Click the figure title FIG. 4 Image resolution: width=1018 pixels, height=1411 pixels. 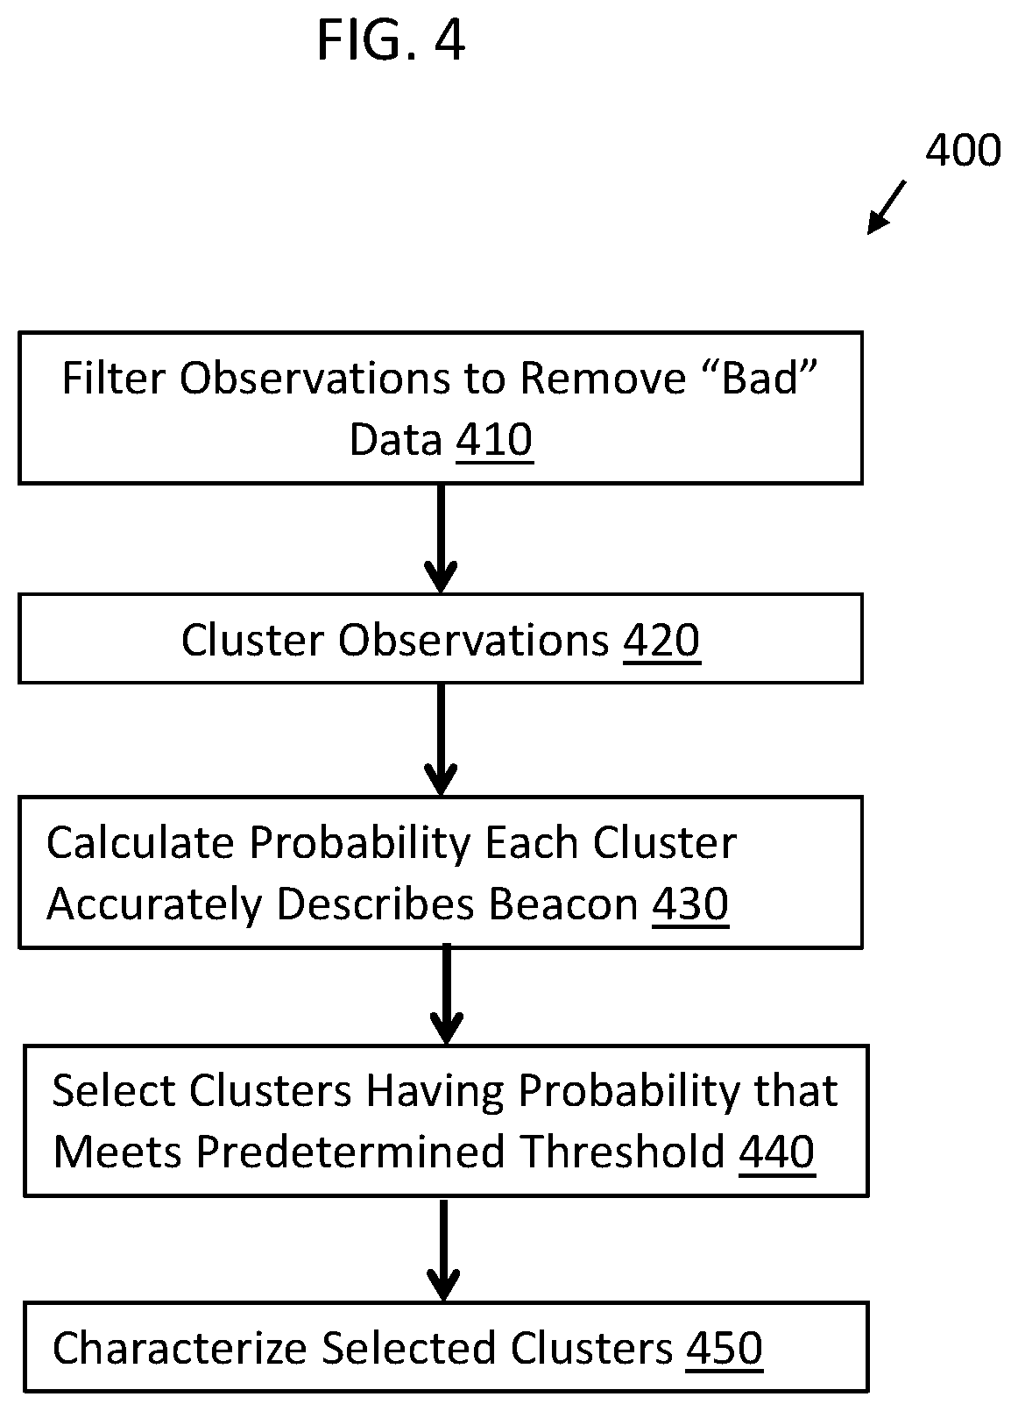[x=391, y=39]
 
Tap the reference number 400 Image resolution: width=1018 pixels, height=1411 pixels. [x=963, y=151]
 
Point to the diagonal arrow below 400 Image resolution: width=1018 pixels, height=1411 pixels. [x=887, y=207]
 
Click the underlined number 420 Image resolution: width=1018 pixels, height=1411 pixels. [x=661, y=640]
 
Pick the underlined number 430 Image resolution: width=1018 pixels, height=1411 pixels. [x=690, y=904]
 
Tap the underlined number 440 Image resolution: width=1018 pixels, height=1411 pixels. [x=777, y=1152]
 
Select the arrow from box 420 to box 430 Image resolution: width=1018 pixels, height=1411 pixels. [x=441, y=740]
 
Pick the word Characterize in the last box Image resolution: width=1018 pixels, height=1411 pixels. [x=180, y=1349]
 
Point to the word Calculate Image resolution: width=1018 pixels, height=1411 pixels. [x=140, y=843]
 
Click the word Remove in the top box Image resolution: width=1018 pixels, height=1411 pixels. [x=603, y=379]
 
